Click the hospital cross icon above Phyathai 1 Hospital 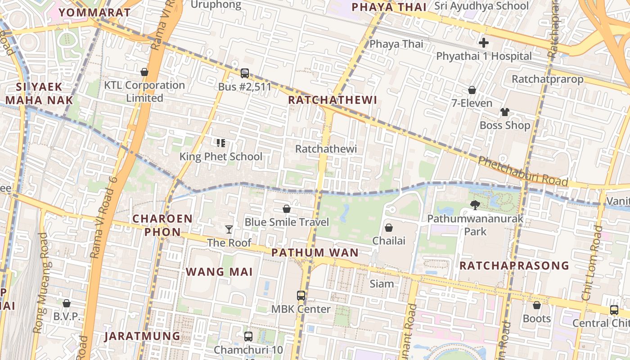click(484, 43)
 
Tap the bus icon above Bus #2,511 click(245, 73)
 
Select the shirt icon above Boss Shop click(504, 112)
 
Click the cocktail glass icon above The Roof click(229, 229)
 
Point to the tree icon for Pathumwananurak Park click(475, 206)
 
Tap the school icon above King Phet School click(220, 143)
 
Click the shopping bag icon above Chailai click(389, 228)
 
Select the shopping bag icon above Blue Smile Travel click(286, 209)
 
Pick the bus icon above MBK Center click(301, 296)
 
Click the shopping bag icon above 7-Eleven click(472, 90)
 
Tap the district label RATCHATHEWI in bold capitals click(332, 100)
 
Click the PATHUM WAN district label click(315, 252)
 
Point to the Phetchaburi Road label click(522, 171)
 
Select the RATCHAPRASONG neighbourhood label click(514, 265)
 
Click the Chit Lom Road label click(592, 263)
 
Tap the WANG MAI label click(219, 272)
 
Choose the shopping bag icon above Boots click(536, 306)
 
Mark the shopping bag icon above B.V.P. click(67, 303)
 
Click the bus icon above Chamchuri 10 click(248, 336)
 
